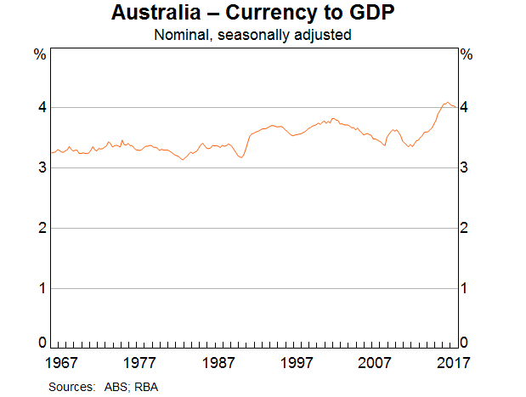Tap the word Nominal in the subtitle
point(178,36)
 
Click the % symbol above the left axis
point(39,55)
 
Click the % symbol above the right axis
point(466,55)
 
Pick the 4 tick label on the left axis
point(39,108)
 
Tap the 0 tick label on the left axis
point(39,343)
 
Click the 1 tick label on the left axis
point(39,288)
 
